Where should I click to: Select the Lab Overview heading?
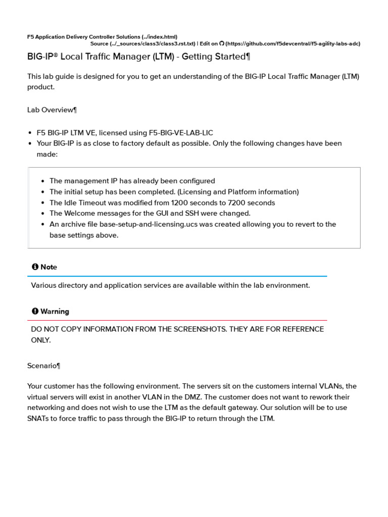click(52, 110)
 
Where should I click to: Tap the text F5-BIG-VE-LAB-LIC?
click(181, 133)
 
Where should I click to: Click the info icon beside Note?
click(35, 267)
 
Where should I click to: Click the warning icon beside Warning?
click(35, 311)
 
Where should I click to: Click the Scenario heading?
click(44, 366)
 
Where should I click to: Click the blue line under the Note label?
click(177, 276)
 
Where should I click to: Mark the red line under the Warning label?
click(177, 320)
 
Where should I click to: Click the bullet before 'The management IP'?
click(43, 181)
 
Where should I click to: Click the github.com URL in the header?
click(294, 44)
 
